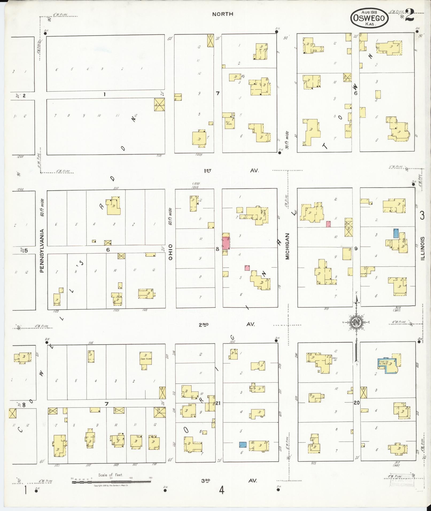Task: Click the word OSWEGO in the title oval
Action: point(369,18)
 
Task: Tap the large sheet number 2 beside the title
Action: point(409,15)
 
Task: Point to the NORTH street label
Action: point(223,14)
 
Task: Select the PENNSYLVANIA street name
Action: point(42,251)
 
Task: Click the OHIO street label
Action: point(170,252)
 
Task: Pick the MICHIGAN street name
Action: point(287,246)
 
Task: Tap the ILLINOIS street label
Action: point(422,249)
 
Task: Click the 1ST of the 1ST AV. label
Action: point(207,170)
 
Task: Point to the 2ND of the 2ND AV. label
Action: point(204,325)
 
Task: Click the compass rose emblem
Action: point(356,322)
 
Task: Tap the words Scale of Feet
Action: point(110,475)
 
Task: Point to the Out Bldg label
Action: point(228,123)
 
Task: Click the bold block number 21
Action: point(218,403)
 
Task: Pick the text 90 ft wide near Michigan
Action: point(287,140)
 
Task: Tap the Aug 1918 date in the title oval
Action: point(369,12)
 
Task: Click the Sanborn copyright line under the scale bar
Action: point(111,485)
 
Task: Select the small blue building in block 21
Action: point(243,445)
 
